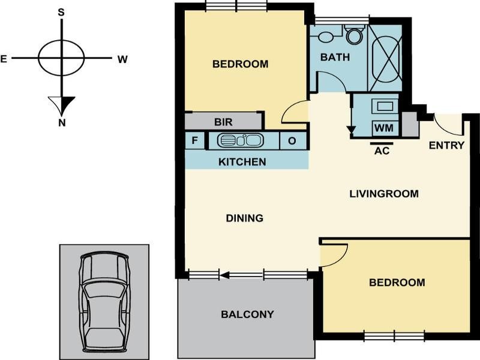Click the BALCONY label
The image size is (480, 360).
coord(247,314)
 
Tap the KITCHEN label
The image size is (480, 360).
coord(242,161)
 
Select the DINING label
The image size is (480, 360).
coord(245,218)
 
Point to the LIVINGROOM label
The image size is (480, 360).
coord(384,194)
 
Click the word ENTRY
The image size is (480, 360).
coord(446,145)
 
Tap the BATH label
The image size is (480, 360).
coord(335,57)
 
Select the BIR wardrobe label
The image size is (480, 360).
coord(223,122)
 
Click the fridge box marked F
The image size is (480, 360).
coord(194,140)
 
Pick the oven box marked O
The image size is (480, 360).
coord(292,141)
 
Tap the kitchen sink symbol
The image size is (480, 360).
coord(240,140)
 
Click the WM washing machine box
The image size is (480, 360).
coord(385,128)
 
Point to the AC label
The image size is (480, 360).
coord(382,151)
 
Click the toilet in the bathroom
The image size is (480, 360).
coord(355,34)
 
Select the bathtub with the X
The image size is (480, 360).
coord(385,58)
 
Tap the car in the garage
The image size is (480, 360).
coord(104,302)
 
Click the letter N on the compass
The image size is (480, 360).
coord(62,123)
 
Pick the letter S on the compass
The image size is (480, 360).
coord(62,12)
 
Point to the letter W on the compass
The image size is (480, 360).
coord(122,59)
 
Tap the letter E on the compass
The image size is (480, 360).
coord(4,59)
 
